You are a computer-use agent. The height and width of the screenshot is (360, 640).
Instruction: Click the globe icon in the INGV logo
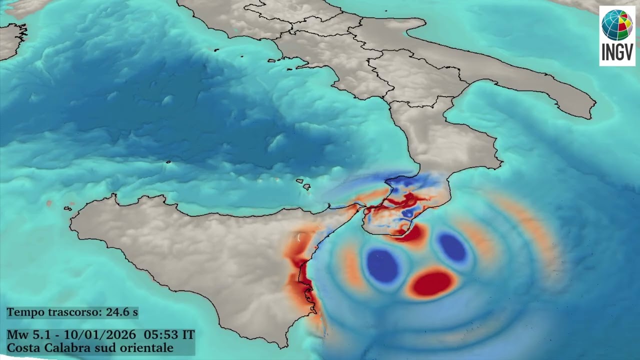[x=617, y=25]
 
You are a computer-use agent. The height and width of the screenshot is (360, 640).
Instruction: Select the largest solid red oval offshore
[x=432, y=283]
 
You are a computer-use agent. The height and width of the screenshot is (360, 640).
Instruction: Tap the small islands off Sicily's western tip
[x=67, y=208]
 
